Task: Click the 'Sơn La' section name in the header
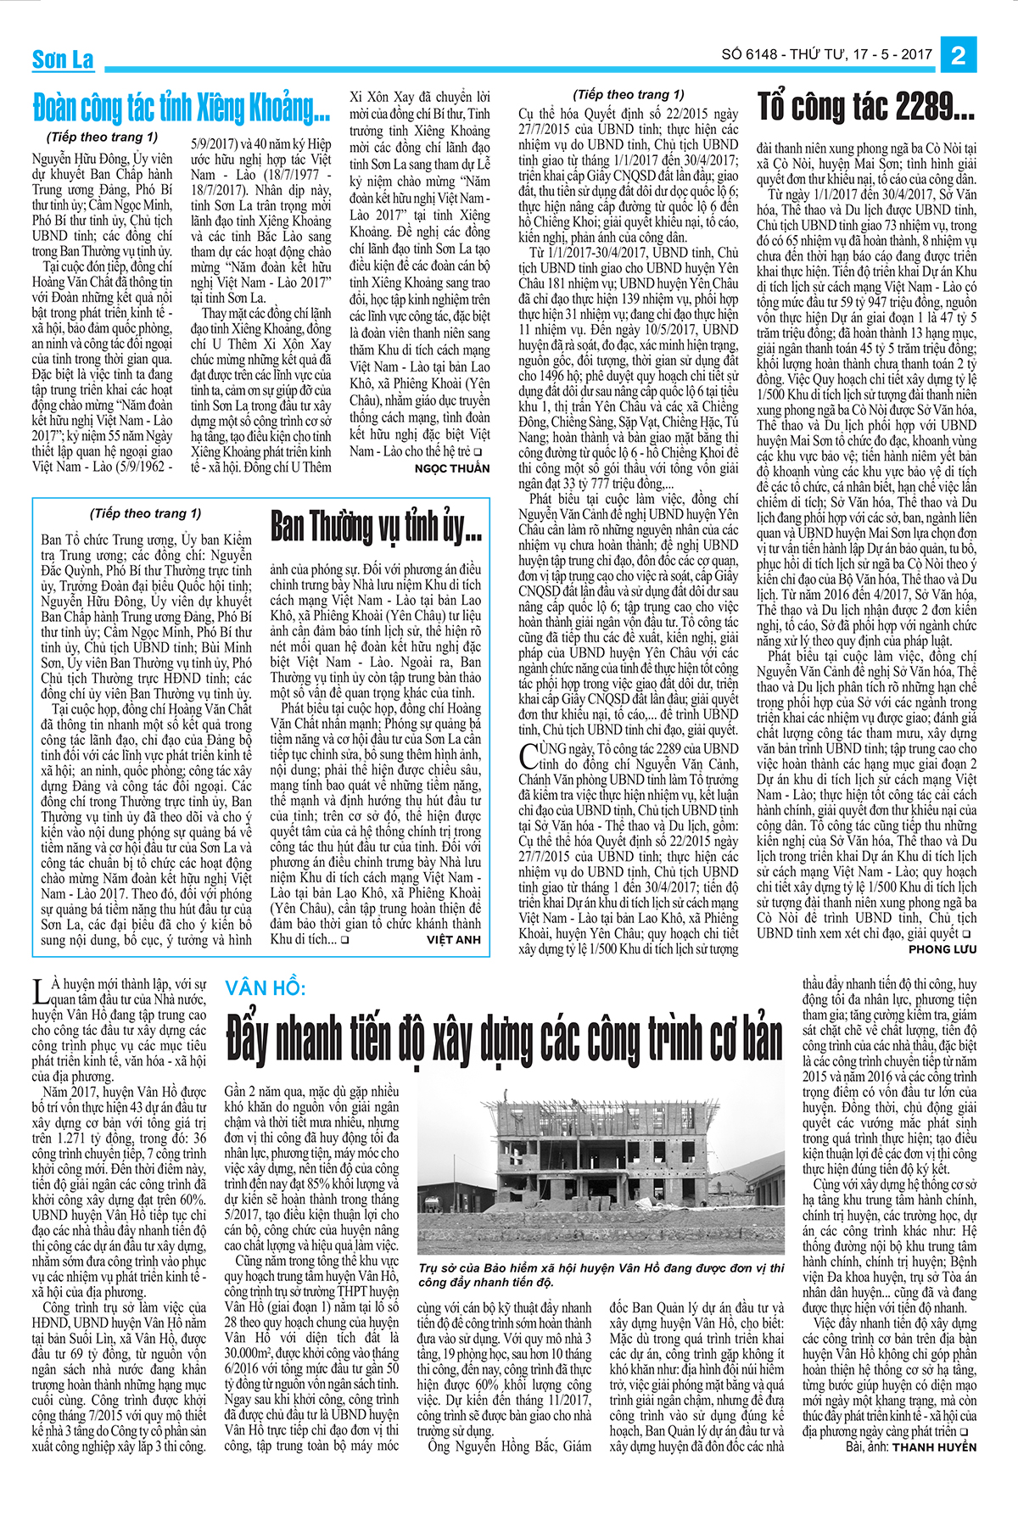point(63,59)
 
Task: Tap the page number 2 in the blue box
point(959,55)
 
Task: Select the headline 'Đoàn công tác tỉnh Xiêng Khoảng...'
point(182,109)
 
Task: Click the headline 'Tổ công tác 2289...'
point(866,107)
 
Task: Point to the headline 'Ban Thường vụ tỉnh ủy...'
point(376,526)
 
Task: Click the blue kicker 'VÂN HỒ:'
point(266,988)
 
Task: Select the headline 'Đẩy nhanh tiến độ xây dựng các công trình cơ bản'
point(504,1039)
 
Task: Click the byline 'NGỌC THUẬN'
point(452,468)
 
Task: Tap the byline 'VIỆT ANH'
point(454,940)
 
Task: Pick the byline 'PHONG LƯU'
point(942,949)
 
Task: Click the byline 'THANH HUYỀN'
point(934,1447)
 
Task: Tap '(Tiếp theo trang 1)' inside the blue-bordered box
point(146,513)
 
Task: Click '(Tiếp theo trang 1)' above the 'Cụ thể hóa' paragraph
point(629,94)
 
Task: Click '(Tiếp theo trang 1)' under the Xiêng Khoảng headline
point(102,137)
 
